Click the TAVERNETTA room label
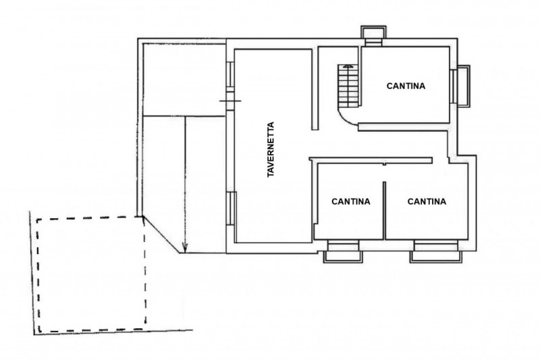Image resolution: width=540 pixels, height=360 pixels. point(271,149)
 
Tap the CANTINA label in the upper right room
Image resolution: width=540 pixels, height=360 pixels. point(406,86)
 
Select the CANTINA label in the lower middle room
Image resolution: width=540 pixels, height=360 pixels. point(350,201)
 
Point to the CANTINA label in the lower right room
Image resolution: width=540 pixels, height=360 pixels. point(427,201)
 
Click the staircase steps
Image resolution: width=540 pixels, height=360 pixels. point(348,86)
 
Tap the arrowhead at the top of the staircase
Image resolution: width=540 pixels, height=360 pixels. point(348,66)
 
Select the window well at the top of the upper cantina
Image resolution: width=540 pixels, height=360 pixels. point(373,36)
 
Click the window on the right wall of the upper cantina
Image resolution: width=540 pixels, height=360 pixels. point(460,86)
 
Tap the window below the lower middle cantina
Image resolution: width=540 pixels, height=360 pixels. point(343,251)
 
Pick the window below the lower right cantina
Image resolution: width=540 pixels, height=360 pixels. point(435,251)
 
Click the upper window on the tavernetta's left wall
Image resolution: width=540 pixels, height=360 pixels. point(230,74)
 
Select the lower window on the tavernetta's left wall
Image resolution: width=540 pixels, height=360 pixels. point(231,209)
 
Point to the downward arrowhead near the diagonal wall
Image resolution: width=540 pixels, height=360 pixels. point(185,247)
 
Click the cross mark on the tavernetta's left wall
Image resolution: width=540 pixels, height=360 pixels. point(230,101)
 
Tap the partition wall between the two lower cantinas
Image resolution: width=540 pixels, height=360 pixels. point(384,211)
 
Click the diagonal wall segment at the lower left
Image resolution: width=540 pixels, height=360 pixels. point(161,235)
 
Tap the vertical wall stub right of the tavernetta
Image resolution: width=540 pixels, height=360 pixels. point(315,88)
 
